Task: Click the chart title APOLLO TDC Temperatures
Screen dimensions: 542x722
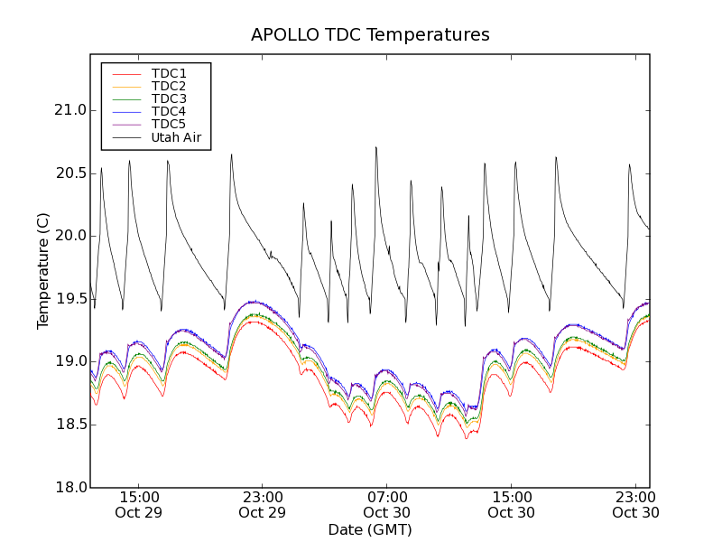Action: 370,35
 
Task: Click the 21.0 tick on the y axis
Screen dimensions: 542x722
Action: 69,110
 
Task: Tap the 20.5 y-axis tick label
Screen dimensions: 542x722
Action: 69,173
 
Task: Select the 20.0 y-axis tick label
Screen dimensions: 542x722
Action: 69,236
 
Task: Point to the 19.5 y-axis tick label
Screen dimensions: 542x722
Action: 69,299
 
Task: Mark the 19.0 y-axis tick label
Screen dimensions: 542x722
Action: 69,361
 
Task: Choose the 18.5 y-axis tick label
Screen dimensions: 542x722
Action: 69,425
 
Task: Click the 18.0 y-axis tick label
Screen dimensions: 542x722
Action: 69,487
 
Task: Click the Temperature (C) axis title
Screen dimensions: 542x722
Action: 43,271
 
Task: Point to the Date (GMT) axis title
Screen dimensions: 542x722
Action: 370,529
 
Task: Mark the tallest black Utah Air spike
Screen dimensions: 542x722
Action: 375,147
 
